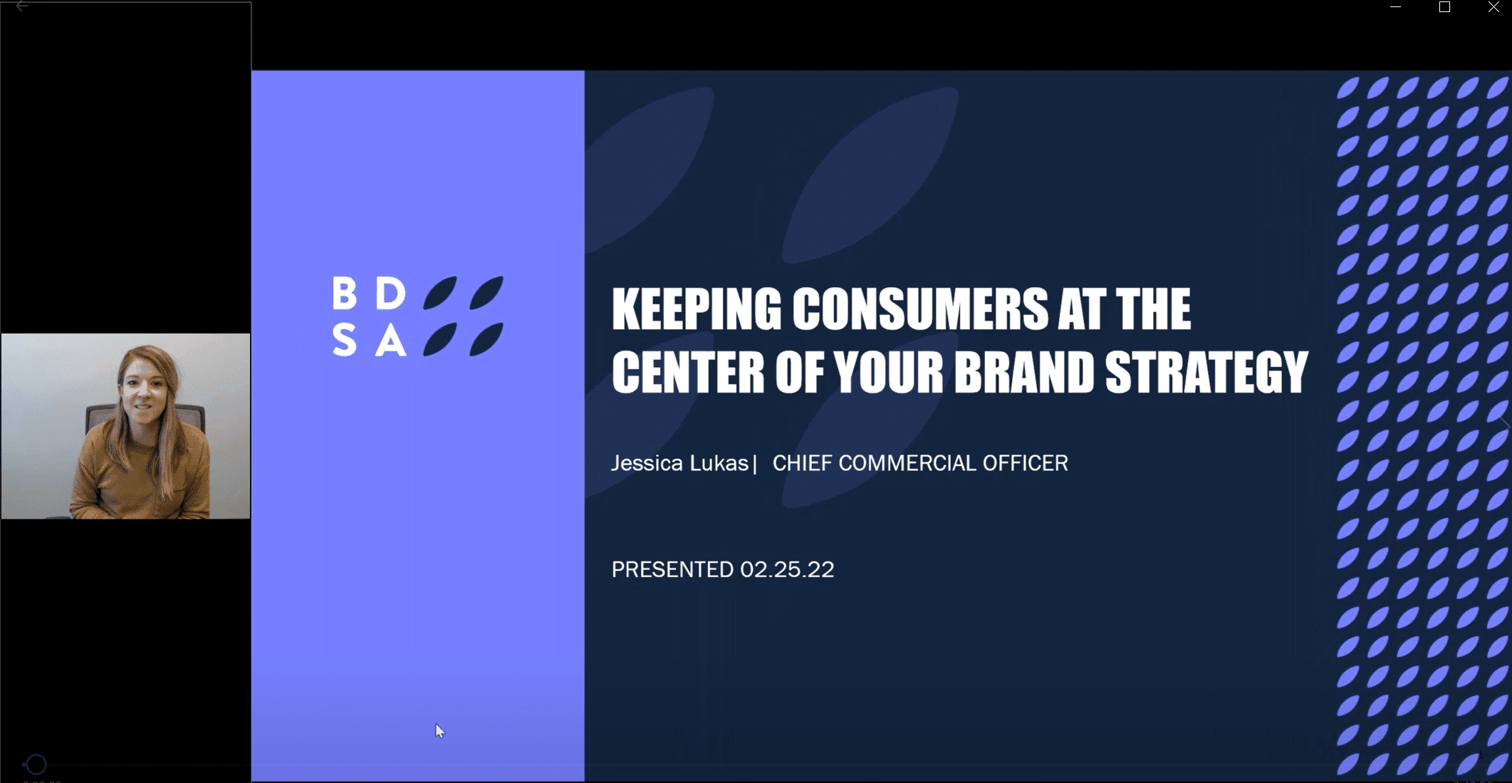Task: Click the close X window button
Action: [1493, 7]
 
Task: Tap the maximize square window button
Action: [1444, 7]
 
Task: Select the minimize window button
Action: [1395, 7]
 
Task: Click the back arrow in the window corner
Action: [22, 6]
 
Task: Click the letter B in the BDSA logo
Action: [345, 293]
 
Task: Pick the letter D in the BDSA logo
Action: [390, 293]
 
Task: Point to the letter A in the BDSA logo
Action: [390, 340]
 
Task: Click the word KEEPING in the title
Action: [696, 309]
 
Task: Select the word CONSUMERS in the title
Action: [919, 309]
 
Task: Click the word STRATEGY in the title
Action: [1206, 371]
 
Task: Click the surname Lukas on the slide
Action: [719, 463]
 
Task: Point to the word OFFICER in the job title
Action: [1026, 463]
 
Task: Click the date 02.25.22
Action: [787, 569]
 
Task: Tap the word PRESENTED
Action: [672, 569]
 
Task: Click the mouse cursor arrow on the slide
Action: [439, 730]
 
